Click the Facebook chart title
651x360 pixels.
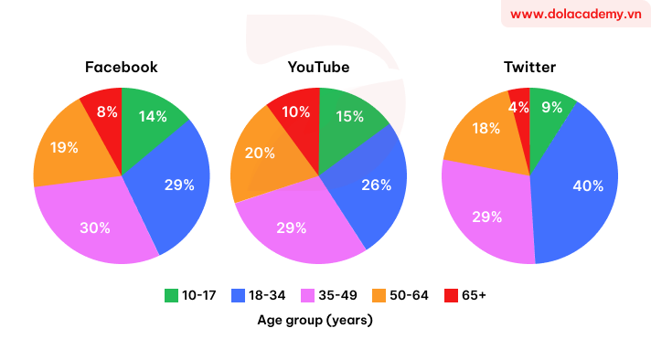[121, 68]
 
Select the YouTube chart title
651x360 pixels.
[318, 68]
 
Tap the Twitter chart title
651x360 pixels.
[529, 68]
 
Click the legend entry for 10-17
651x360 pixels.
[190, 295]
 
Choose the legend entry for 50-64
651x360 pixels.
[403, 295]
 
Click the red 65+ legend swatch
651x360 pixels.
[451, 295]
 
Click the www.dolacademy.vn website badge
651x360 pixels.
[575, 14]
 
